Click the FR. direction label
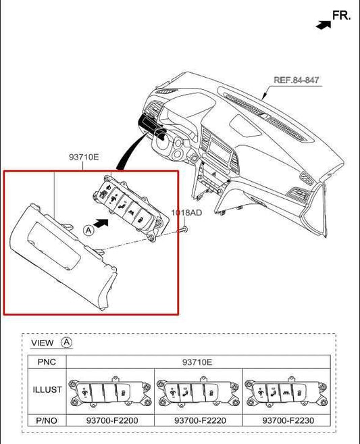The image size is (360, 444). (x=341, y=15)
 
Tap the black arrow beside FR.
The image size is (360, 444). (x=324, y=24)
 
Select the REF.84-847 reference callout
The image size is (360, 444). (x=297, y=80)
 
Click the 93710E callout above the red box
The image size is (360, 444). (x=83, y=157)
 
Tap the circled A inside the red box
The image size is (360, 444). (x=88, y=230)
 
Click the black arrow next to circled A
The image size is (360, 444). (x=101, y=221)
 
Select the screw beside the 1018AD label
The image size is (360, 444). (x=182, y=230)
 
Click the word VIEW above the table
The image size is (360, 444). (x=43, y=343)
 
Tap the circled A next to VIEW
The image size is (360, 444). (x=66, y=342)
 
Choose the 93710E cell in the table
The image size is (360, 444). (x=197, y=362)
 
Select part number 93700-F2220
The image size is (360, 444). (x=199, y=420)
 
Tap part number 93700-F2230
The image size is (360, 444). (x=287, y=420)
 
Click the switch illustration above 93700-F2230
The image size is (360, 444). (x=287, y=391)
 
